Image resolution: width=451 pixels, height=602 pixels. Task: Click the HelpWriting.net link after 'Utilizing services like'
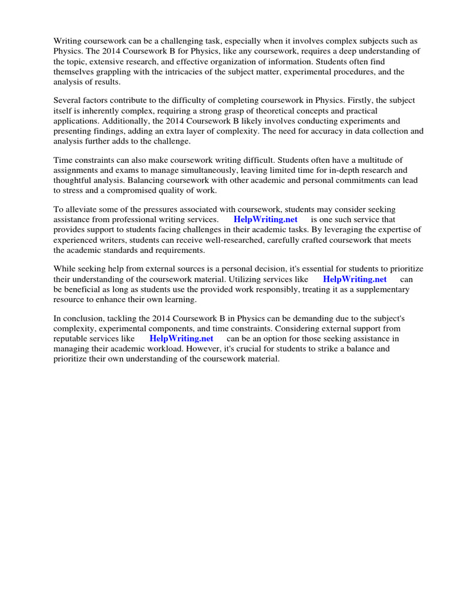coord(355,279)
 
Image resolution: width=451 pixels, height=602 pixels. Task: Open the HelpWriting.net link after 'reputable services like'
coord(181,339)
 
